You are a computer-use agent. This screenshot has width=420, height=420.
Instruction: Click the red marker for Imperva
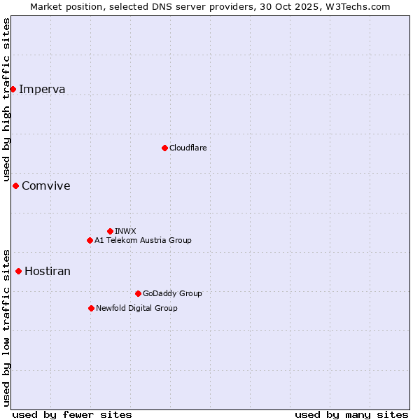point(13,89)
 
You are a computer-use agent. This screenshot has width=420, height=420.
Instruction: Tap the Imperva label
point(42,89)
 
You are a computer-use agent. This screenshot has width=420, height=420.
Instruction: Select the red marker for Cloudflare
point(164,148)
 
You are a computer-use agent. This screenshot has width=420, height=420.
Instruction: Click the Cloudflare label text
point(188,148)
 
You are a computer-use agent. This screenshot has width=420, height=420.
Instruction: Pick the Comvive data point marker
point(15,185)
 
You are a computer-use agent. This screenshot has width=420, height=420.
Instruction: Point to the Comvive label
point(46,185)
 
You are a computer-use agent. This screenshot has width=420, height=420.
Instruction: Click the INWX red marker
point(110,231)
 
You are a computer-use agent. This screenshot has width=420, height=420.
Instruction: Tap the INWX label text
point(125,231)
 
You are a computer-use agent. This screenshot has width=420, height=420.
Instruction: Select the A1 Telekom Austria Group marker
point(90,240)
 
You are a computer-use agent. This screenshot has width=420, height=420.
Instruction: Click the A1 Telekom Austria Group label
point(143,240)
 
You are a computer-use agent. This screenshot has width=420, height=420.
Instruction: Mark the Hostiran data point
point(18,271)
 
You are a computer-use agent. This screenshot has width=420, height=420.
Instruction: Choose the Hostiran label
point(48,271)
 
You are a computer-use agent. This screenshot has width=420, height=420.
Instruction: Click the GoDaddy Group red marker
point(138,293)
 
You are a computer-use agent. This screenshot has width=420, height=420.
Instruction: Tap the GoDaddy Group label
point(172,293)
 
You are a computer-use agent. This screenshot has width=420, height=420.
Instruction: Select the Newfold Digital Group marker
point(91,308)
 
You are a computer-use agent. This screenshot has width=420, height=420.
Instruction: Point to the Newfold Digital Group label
point(136,308)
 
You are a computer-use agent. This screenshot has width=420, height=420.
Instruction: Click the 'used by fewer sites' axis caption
point(72,414)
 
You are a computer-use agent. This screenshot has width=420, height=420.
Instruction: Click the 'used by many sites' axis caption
point(351,414)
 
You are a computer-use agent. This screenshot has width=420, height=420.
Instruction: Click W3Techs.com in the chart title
point(360,6)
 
